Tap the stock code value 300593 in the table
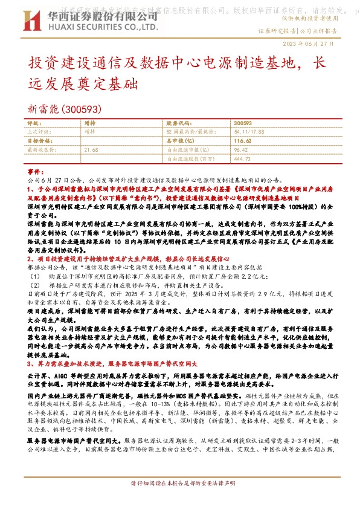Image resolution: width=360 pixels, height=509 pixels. pyautogui.click(x=242, y=123)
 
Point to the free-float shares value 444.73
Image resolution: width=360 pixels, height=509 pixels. pyautogui.click(x=242, y=158)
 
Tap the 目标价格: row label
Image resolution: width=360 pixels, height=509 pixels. pyautogui.click(x=38, y=140)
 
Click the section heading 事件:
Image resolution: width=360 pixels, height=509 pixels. pyautogui.click(x=37, y=172)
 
